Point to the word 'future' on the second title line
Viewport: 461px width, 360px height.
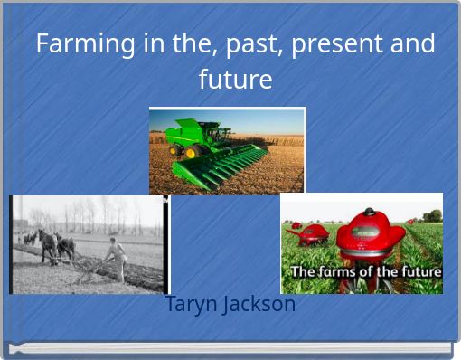point(235,80)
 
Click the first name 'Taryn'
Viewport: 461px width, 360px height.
point(193,304)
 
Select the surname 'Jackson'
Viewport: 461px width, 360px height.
point(259,304)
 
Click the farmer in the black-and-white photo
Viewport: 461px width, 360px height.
point(116,257)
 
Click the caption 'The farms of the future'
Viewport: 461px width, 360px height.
point(364,271)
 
